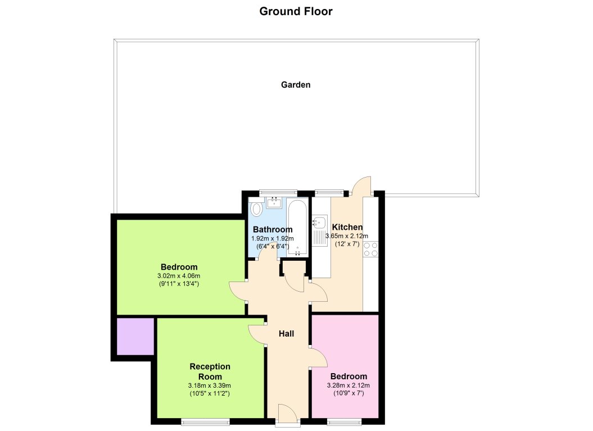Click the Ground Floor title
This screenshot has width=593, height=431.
296,11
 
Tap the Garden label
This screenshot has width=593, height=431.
296,85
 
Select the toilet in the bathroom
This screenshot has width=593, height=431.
256,209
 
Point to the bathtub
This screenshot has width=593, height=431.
297,228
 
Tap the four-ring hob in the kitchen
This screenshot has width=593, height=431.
370,248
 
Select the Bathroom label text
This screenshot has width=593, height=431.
273,229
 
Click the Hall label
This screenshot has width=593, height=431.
287,334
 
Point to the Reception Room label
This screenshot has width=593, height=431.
210,371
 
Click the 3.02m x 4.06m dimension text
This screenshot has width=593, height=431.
179,276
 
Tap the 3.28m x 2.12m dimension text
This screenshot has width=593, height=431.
348,385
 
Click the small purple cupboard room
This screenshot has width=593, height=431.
135,337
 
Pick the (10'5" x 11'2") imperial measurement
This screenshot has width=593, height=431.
210,394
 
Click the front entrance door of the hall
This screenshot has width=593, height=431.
289,415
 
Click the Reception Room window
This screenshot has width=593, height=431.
205,421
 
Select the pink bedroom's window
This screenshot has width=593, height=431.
344,421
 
